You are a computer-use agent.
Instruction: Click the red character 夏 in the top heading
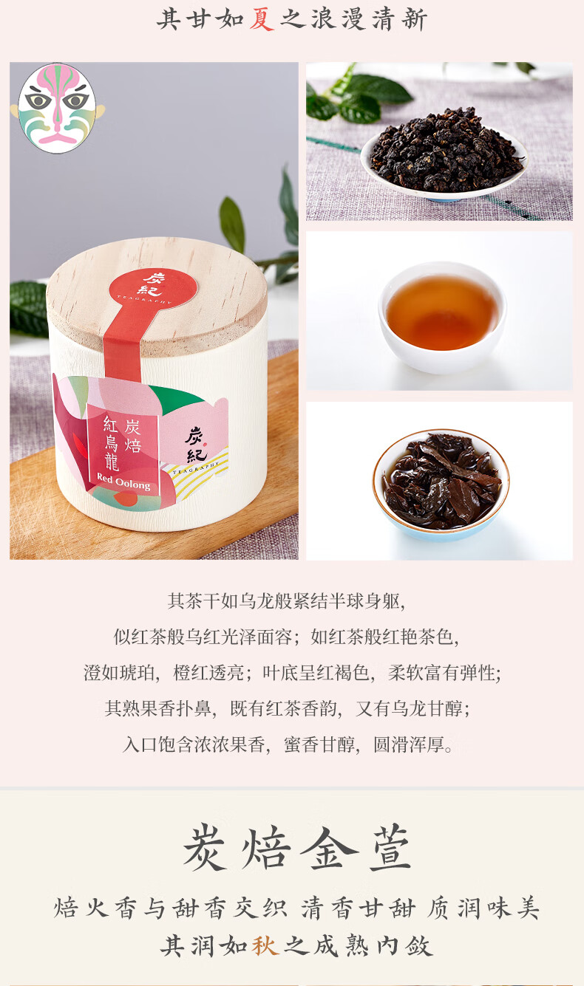coord(262,20)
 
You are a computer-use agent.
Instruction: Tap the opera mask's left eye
coord(38,100)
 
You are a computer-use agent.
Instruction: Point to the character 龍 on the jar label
coord(112,462)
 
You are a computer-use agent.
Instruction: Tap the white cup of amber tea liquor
coord(442,316)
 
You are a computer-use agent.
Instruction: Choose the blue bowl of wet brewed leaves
coord(441,485)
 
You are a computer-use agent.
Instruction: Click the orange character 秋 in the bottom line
coord(265,945)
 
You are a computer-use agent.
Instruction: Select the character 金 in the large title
coord(327,848)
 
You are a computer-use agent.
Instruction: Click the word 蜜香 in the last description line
coord(302,744)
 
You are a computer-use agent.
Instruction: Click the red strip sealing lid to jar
coord(123,343)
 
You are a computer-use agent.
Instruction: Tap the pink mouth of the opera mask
coord(57,139)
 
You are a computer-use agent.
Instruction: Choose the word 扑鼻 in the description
coord(194,709)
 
